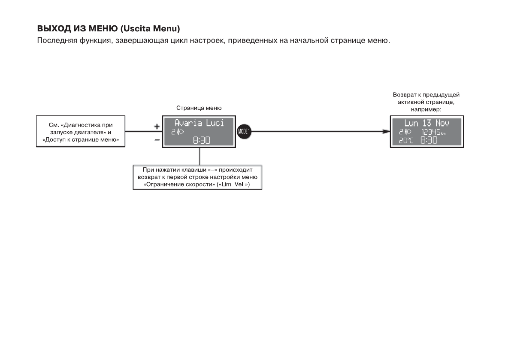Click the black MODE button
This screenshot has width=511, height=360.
pos(244,132)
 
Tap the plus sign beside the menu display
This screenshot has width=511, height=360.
pos(157,127)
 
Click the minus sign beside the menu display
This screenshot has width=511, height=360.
pos(157,140)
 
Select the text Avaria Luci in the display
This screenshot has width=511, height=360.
pos(199,123)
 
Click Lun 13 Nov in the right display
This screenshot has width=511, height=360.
pos(426,123)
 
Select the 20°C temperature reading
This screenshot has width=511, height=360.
pos(406,141)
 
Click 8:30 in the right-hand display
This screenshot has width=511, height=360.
pos(429,140)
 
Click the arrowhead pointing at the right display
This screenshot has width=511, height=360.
pos(386,132)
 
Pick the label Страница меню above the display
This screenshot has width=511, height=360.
pos(199,108)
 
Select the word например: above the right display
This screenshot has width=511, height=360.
pos(426,109)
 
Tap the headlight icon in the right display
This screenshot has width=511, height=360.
pos(408,132)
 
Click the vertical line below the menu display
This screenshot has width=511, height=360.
pos(200,156)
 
